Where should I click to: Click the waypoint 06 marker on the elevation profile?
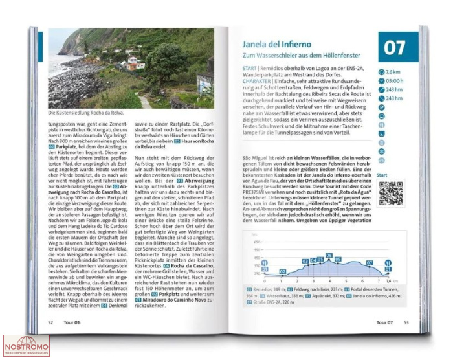click(329, 256)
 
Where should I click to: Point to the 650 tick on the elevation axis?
click(256, 242)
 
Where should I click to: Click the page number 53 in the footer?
click(406, 322)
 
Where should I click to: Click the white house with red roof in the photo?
click(135, 63)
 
